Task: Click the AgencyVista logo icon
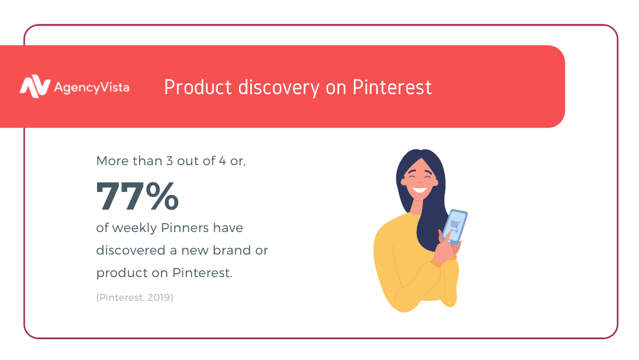pyautogui.click(x=35, y=86)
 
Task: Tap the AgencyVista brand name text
pyautogui.click(x=92, y=88)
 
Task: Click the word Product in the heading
pyautogui.click(x=198, y=87)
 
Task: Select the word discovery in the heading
pyautogui.click(x=279, y=88)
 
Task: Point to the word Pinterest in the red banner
pyautogui.click(x=392, y=87)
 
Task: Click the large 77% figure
pyautogui.click(x=137, y=196)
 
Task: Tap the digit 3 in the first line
pyautogui.click(x=170, y=161)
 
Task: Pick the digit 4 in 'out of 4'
pyautogui.click(x=222, y=161)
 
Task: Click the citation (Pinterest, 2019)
pyautogui.click(x=135, y=298)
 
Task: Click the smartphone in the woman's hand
pyautogui.click(x=455, y=227)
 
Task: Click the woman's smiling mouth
pyautogui.click(x=419, y=190)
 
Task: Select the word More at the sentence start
pyautogui.click(x=112, y=161)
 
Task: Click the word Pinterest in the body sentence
pyautogui.click(x=202, y=273)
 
